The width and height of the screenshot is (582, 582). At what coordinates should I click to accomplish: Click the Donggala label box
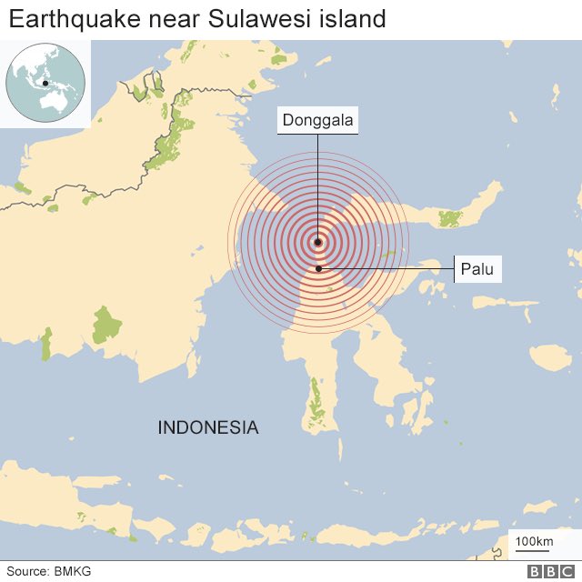[x=317, y=120]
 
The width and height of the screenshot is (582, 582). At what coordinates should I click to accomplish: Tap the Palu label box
[x=477, y=269]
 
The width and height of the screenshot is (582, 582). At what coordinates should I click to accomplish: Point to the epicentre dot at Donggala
[x=317, y=242]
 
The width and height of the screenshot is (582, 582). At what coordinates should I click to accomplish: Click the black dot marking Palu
[x=318, y=268]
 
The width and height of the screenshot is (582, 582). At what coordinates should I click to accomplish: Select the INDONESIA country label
[x=208, y=427]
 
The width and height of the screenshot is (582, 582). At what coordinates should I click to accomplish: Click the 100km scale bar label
[x=534, y=543]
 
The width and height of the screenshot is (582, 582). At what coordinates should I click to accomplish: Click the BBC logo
[x=547, y=571]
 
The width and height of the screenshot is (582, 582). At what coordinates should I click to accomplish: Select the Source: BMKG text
[x=49, y=571]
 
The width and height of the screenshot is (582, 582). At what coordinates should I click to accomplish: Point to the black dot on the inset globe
[x=45, y=85]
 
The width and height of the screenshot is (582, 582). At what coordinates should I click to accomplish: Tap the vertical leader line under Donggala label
[x=317, y=182]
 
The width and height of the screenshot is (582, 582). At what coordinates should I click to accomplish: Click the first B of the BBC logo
[x=536, y=571]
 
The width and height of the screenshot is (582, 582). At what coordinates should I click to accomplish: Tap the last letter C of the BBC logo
[x=561, y=571]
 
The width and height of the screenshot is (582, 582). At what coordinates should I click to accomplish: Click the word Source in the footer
[x=27, y=571]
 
